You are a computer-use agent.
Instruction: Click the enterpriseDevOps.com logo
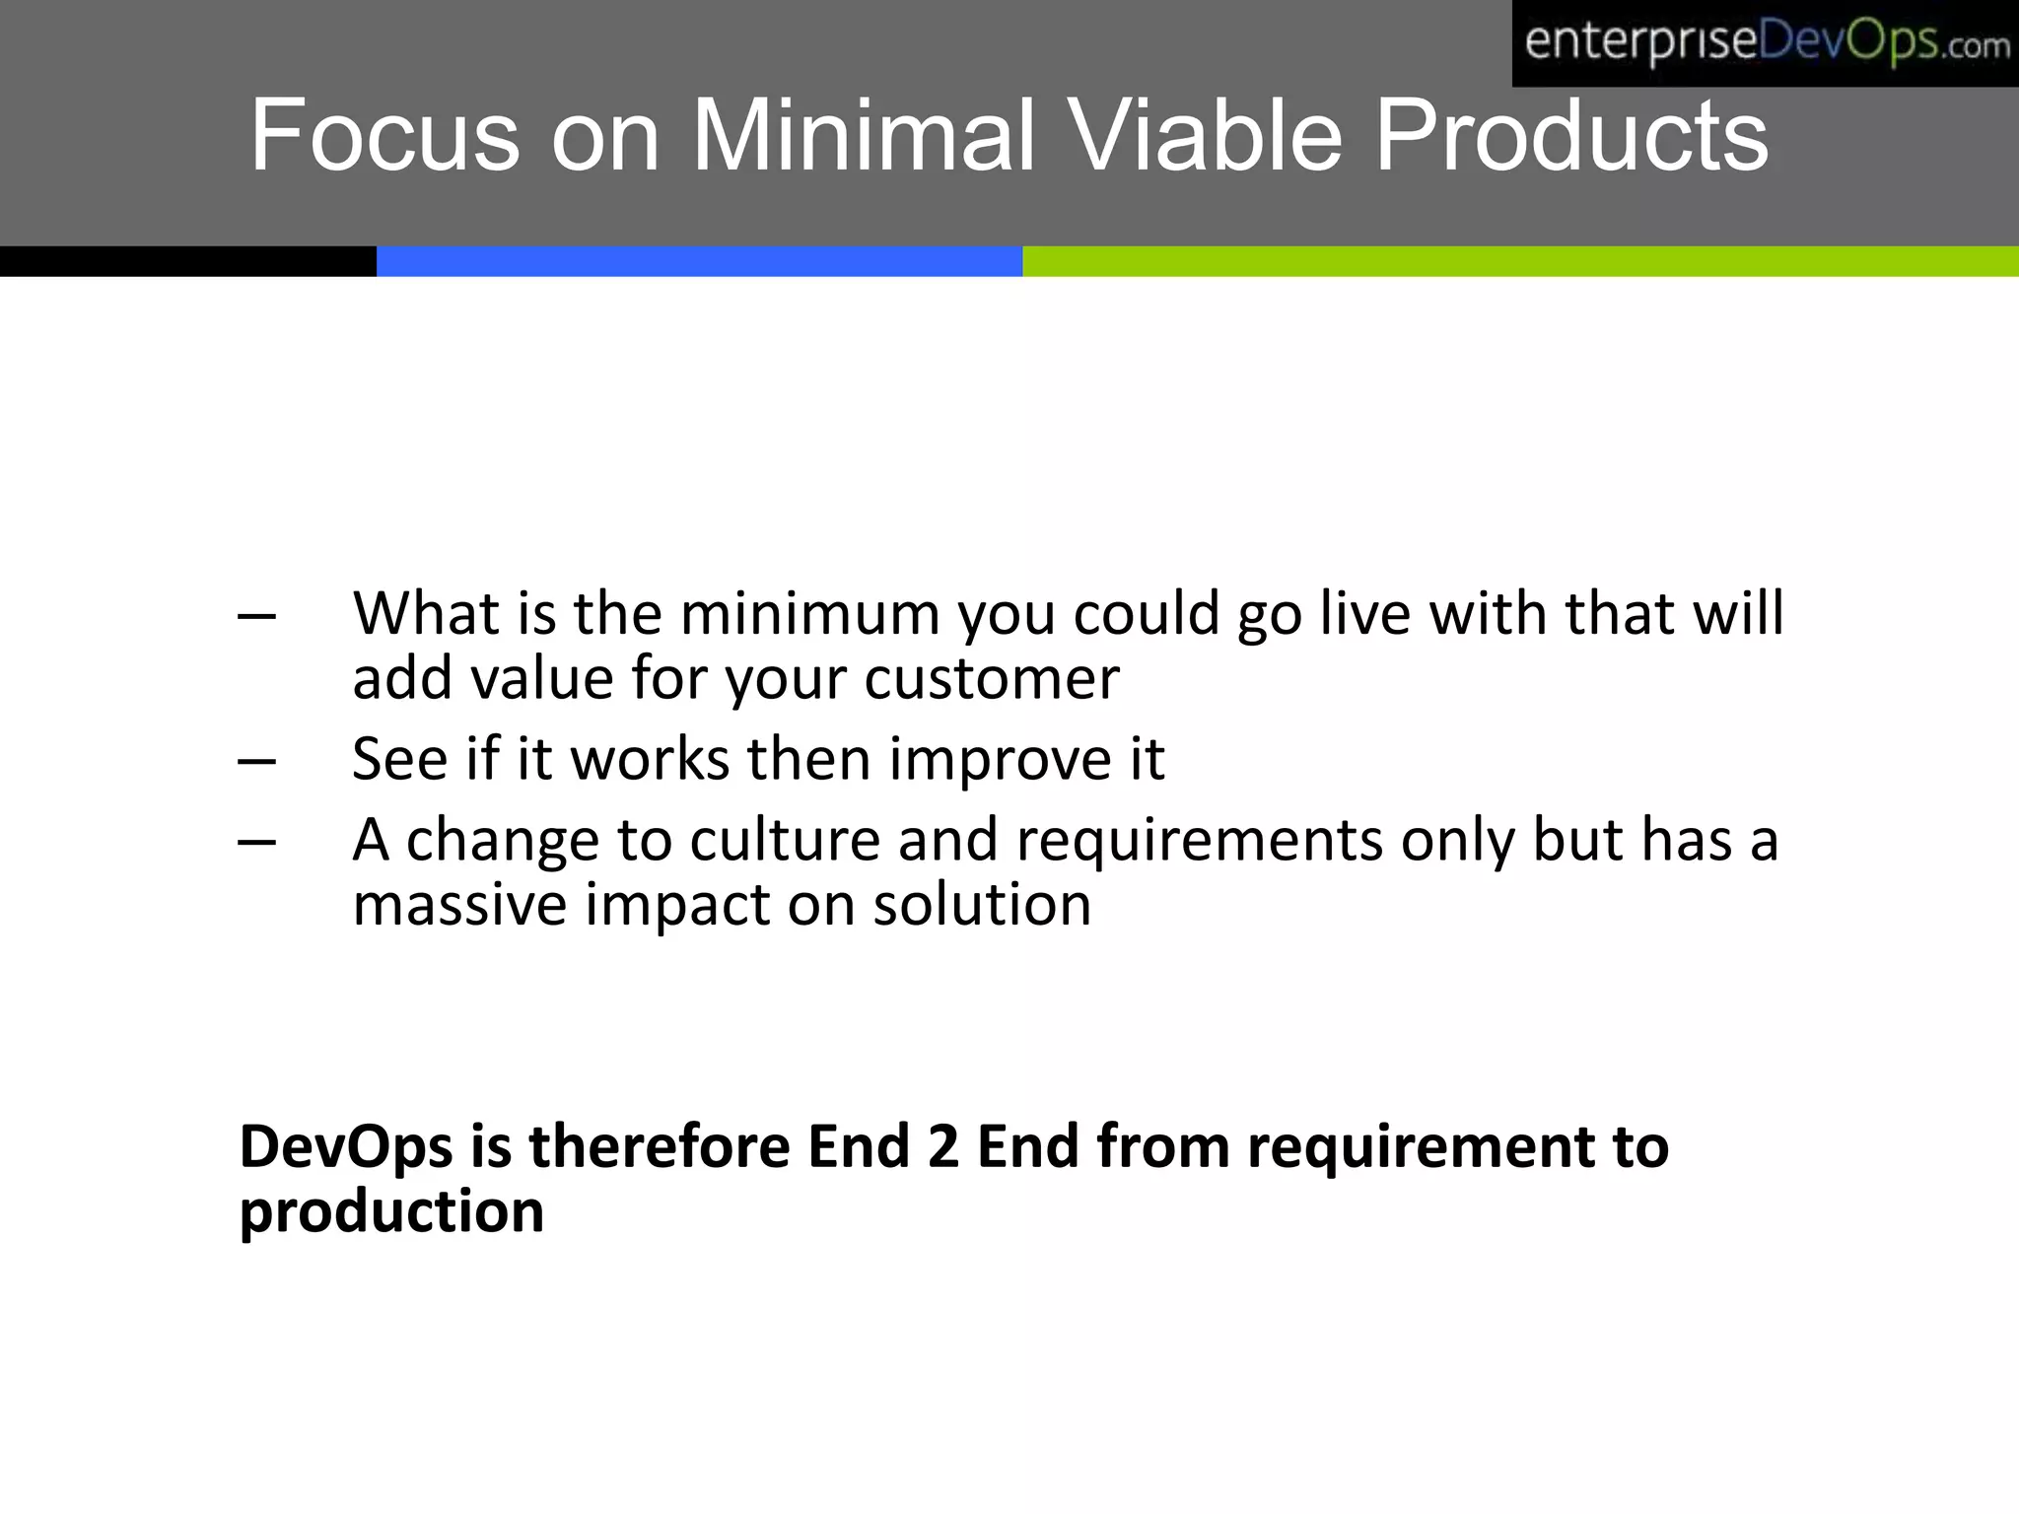coord(1765,43)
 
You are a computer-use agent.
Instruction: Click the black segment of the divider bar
coord(187,261)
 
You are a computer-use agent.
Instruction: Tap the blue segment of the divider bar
coord(699,261)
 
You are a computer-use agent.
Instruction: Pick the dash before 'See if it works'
coord(257,762)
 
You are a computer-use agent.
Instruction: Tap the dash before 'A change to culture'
coord(257,843)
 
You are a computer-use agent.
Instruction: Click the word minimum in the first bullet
coord(809,614)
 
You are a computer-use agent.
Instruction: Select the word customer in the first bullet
coord(992,680)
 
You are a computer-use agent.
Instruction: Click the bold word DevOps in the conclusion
coord(346,1148)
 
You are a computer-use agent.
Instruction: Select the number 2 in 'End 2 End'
coord(943,1147)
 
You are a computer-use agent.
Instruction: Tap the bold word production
coord(391,1212)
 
